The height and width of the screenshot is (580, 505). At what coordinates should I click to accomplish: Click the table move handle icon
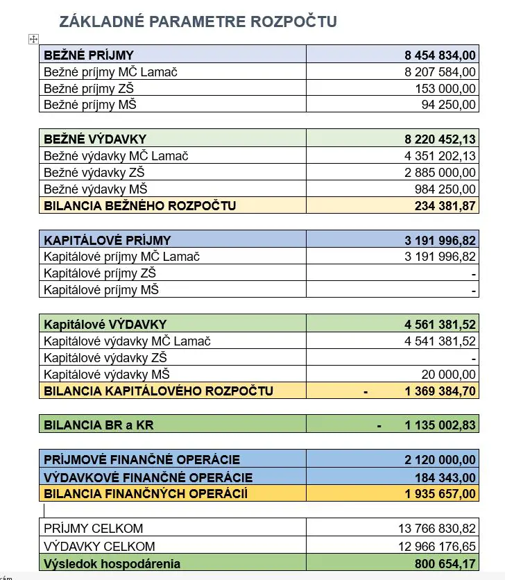(33, 40)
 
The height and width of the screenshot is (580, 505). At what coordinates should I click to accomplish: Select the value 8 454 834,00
(440, 55)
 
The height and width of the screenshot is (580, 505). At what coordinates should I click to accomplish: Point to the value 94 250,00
(448, 105)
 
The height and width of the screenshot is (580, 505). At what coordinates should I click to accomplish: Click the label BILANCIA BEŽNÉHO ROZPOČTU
(139, 205)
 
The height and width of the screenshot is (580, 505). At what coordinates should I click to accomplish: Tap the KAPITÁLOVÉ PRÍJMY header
(107, 240)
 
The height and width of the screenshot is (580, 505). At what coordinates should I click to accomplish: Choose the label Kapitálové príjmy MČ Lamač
(121, 257)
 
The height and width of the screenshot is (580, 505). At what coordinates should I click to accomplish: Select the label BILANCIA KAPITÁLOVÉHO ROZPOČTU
(158, 391)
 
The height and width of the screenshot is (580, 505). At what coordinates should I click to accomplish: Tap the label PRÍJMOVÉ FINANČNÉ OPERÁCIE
(142, 459)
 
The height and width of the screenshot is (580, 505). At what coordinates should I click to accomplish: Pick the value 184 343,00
(445, 477)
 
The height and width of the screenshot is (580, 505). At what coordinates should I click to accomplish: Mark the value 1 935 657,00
(440, 494)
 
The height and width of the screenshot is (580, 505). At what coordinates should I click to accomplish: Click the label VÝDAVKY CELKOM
(99, 546)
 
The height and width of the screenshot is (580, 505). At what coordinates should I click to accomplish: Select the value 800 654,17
(445, 563)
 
